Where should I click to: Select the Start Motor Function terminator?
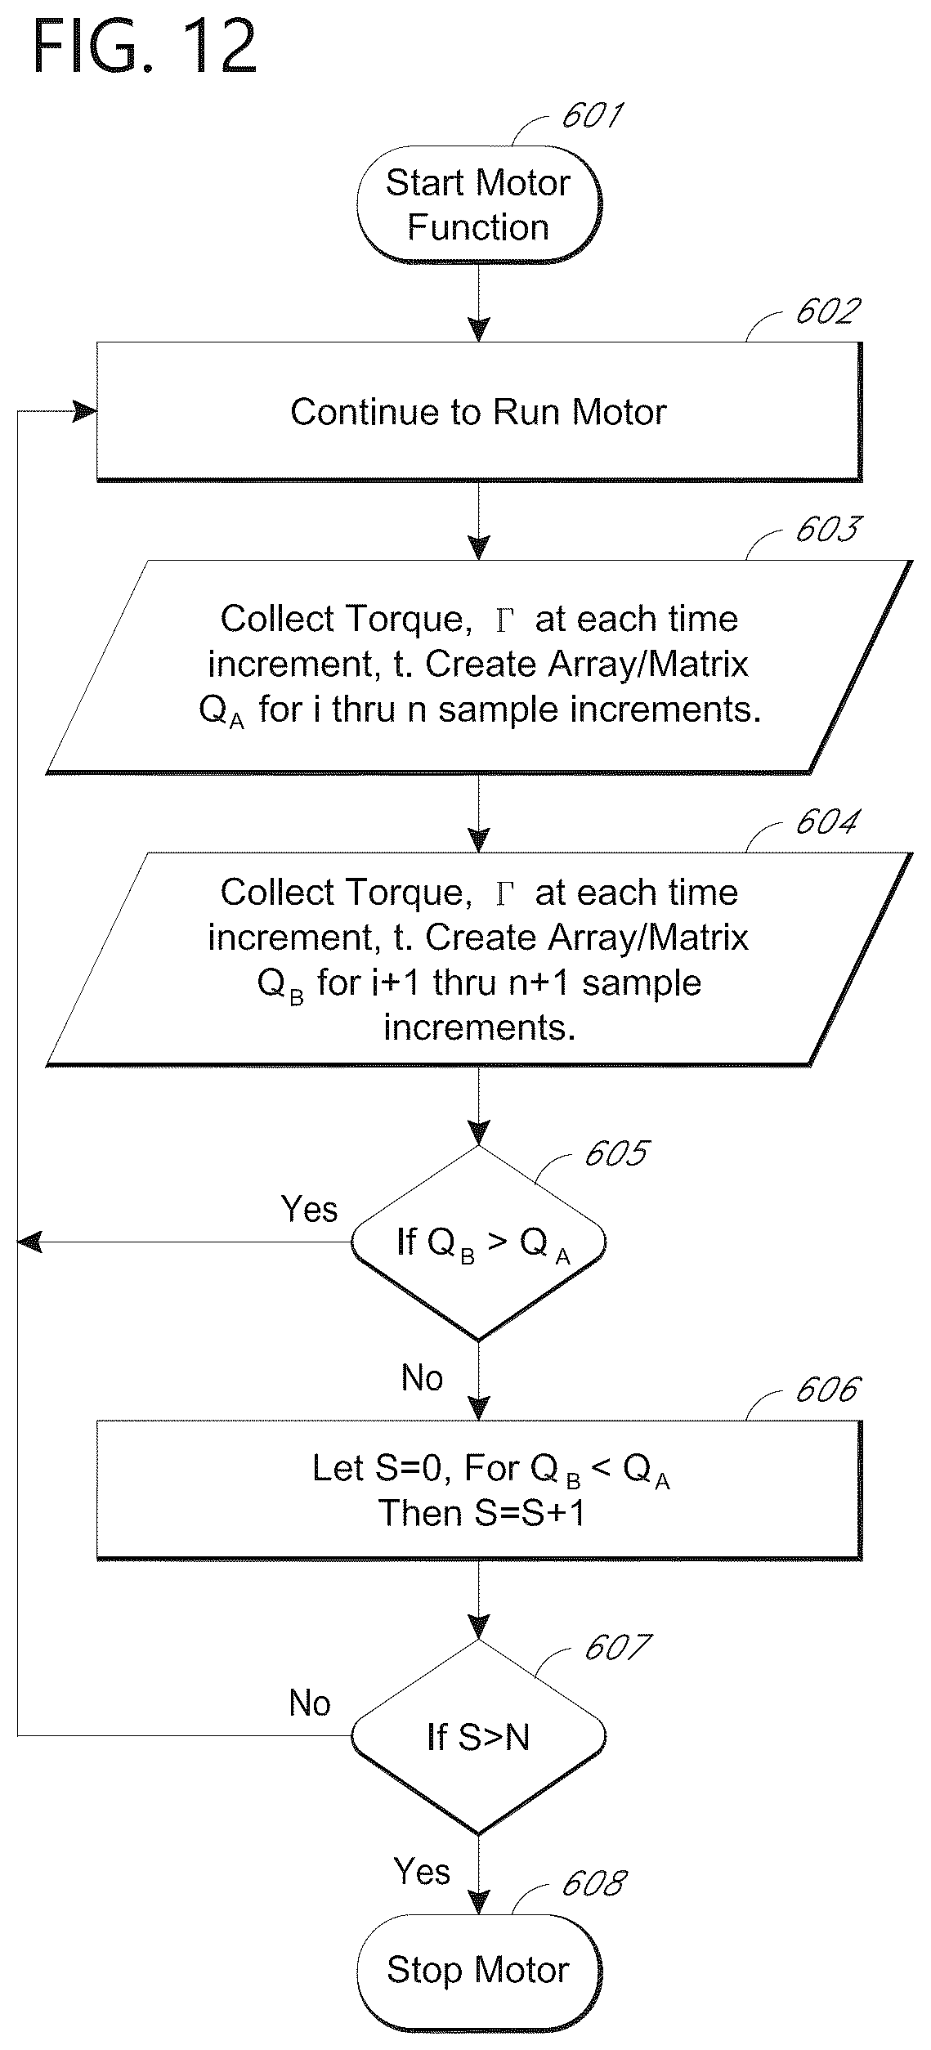[x=479, y=204]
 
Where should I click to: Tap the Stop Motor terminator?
[x=479, y=1970]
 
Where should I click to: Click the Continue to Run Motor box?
[x=479, y=412]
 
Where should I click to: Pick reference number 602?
[x=827, y=311]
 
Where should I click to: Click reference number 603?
[x=827, y=530]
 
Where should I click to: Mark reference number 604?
[x=827, y=822]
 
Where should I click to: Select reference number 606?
[x=827, y=1390]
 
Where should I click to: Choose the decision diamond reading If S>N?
[x=479, y=1737]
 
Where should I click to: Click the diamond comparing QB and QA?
[x=479, y=1243]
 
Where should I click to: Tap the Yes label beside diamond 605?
[x=309, y=1210]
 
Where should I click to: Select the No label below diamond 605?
[x=422, y=1378]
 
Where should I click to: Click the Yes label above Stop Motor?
[x=422, y=1872]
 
